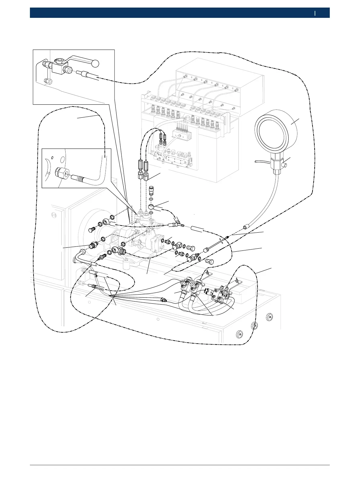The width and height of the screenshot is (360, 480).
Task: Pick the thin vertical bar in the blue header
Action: pyautogui.click(x=315, y=13)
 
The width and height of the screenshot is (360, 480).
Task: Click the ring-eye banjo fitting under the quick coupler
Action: pyautogui.click(x=151, y=207)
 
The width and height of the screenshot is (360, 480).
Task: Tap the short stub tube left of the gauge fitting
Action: pyautogui.click(x=261, y=162)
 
